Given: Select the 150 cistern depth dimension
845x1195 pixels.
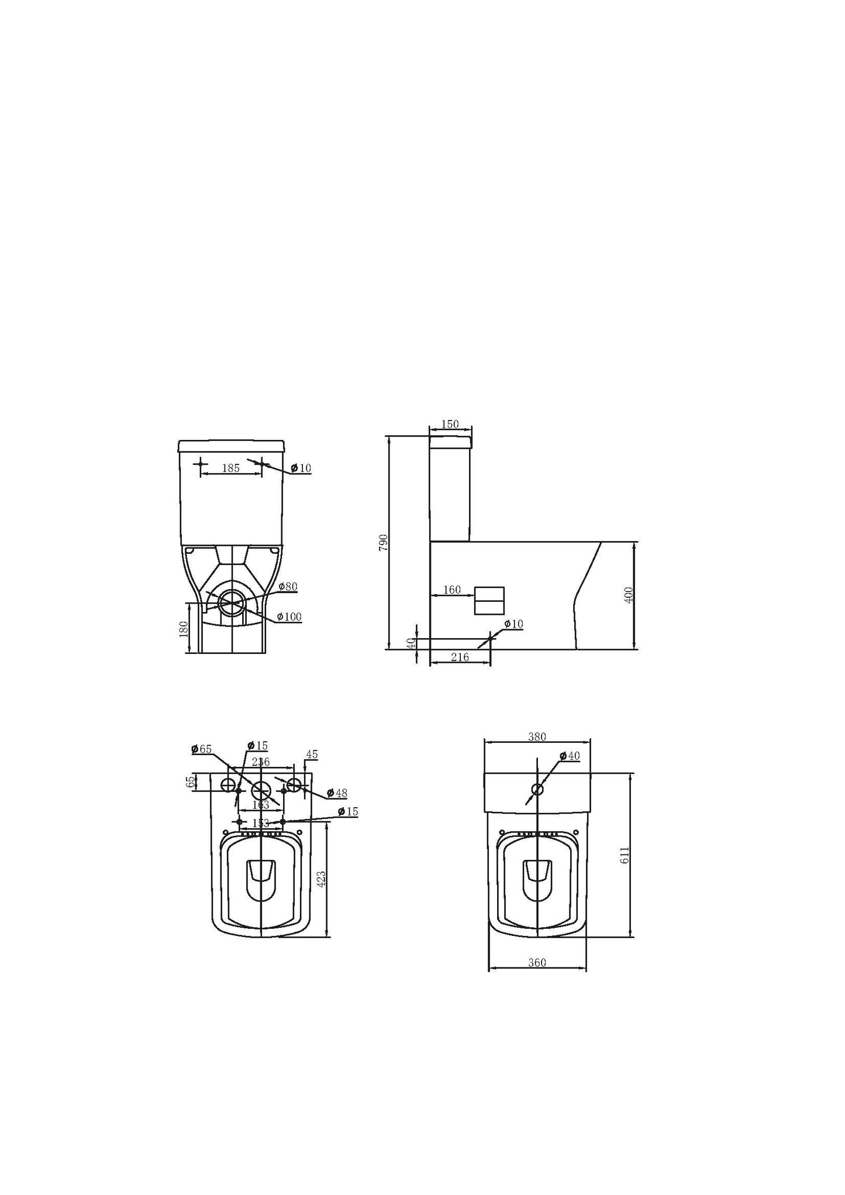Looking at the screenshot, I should point(450,425).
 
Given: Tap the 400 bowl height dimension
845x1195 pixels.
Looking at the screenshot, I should point(629,595).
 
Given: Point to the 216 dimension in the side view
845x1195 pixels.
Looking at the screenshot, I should point(460,657).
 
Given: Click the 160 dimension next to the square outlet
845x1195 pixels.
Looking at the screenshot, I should point(452,590).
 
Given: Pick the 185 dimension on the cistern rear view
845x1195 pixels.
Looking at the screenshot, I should point(231,468).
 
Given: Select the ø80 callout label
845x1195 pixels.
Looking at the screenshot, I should point(288,586).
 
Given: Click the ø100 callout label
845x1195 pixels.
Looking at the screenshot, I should point(289,617).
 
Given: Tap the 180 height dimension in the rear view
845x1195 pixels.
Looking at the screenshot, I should point(183,629).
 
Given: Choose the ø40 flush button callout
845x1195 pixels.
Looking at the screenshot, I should point(569,756).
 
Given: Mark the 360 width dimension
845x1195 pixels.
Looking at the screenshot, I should point(537,962).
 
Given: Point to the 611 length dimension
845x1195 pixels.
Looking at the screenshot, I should point(625,855).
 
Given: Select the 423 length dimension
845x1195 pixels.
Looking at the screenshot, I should point(320,879).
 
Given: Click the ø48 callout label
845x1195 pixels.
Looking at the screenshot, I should point(337,793).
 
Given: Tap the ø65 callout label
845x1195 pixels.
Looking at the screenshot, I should point(202,749).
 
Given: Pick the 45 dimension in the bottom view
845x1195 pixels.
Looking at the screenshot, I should point(312,755).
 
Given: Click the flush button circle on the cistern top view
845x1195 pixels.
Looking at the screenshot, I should point(537,789).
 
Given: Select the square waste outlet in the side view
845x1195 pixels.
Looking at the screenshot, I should point(489,601).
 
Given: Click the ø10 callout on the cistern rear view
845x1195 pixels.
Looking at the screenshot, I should point(301,468).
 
